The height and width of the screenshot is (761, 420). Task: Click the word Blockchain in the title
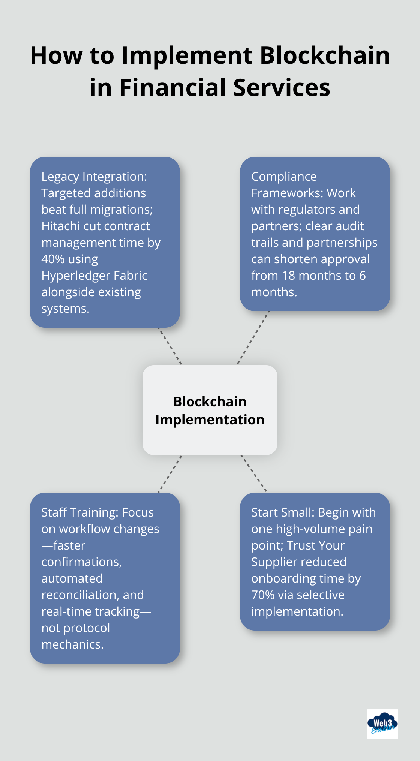coord(325,55)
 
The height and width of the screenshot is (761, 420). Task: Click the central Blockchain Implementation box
coord(210,410)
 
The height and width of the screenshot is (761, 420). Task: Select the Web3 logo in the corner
coord(382,723)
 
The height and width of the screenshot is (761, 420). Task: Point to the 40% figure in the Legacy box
coord(53,259)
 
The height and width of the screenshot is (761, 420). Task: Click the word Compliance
coord(284,177)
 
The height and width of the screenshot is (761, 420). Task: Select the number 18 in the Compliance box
coord(289,276)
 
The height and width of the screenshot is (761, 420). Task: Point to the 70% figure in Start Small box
coord(262,595)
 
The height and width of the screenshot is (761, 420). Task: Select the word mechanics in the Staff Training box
coord(72,644)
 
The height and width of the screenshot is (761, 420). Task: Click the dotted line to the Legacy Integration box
coord(170,346)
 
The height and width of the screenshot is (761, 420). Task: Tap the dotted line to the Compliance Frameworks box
coord(253,337)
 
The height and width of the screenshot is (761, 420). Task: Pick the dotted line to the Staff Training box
coord(170,474)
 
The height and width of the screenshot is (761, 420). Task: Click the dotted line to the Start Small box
coord(253,473)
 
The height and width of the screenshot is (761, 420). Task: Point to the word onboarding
coord(284,578)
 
